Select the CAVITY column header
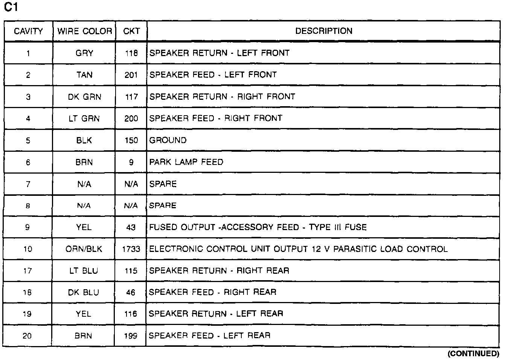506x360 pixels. (x=28, y=31)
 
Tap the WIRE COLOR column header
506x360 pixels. (x=84, y=31)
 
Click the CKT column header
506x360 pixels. (x=131, y=31)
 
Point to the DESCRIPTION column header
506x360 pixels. (x=323, y=31)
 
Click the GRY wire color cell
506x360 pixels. (x=84, y=53)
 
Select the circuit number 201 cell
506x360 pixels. (x=131, y=75)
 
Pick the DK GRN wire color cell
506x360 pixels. (x=84, y=97)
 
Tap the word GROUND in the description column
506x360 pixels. (x=168, y=140)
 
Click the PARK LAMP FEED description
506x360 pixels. (x=186, y=162)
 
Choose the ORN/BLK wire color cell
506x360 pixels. (x=84, y=249)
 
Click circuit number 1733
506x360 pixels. (x=131, y=249)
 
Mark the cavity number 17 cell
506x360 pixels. (x=27, y=271)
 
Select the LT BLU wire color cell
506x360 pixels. (x=84, y=271)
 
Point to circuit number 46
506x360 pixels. (x=131, y=293)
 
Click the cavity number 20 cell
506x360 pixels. (x=27, y=336)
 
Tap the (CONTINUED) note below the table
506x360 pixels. (x=473, y=354)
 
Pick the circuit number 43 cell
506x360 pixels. (x=131, y=227)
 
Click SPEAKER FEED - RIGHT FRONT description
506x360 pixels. (x=216, y=119)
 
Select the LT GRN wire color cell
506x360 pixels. (x=84, y=119)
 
